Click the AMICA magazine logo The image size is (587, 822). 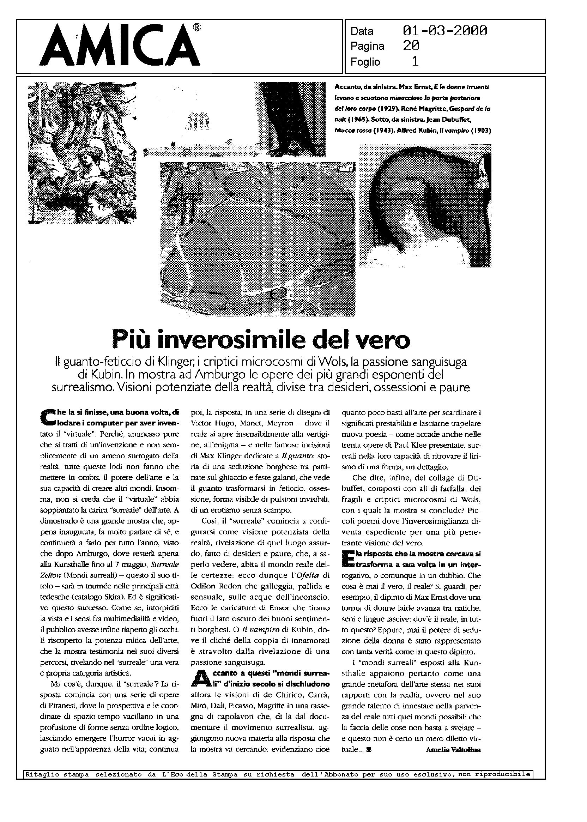pos(119,46)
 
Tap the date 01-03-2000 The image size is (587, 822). pos(444,31)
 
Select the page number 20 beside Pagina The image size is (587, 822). pos(411,46)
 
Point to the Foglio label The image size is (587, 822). pos(365,62)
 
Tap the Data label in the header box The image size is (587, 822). pos(362,31)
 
